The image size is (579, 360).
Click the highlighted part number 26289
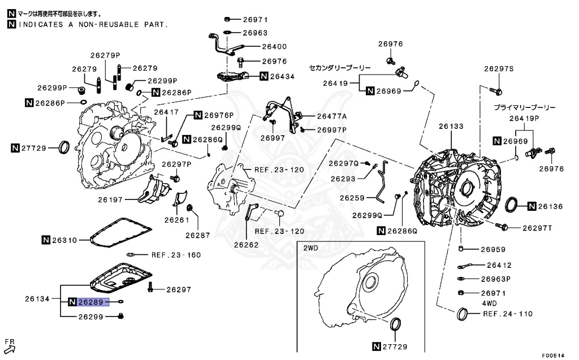[x=90, y=302]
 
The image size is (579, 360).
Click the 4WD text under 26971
[x=489, y=303]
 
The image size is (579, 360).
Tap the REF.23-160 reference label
[x=176, y=255]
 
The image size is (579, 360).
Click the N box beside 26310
[x=46, y=240]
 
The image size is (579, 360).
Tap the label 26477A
[x=332, y=116]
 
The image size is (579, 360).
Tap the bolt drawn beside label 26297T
[x=500, y=227]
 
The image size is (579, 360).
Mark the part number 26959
[x=493, y=249]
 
